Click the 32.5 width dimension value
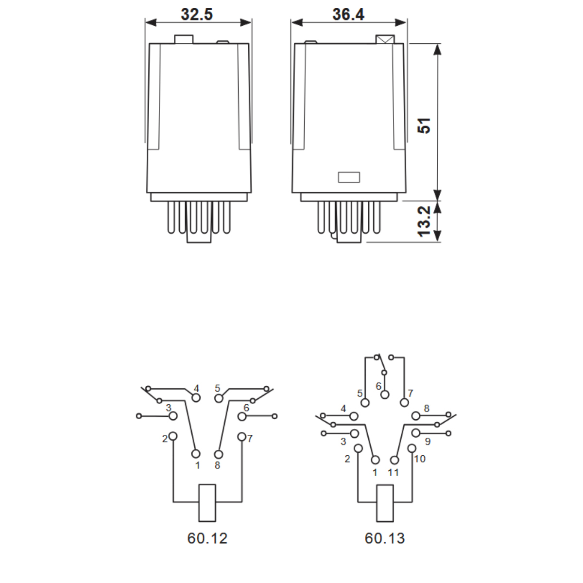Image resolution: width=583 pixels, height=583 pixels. pos(197,14)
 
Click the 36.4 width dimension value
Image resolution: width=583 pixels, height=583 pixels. pos(348,14)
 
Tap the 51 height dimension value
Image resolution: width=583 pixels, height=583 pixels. pos(424,125)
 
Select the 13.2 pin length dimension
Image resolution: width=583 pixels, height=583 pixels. pos(424,222)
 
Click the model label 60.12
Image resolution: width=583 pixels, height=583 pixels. pos(207,538)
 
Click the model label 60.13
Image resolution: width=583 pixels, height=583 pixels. pos(385,538)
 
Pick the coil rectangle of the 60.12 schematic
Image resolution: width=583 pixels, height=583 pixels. pos(207,503)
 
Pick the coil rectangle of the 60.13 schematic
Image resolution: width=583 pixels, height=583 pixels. pos(385,503)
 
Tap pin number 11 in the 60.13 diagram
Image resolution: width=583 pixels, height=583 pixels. pos(394,473)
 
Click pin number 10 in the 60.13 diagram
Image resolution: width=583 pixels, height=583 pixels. pos(420,459)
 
